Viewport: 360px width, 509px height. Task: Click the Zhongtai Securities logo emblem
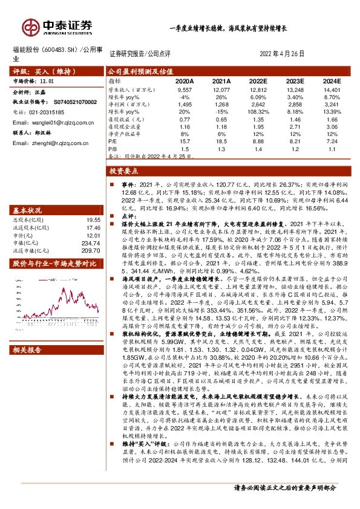pos(29,27)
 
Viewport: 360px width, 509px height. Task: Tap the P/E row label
pos(113,140)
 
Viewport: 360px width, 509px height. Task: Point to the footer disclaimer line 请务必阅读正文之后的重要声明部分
pos(284,503)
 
